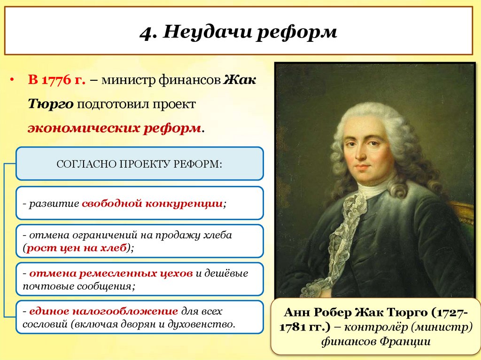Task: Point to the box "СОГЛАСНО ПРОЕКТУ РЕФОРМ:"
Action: (x=140, y=164)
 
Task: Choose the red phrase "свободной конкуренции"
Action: (x=152, y=204)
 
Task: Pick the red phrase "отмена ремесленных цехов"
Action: (x=110, y=273)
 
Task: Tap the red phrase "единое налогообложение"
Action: (x=103, y=311)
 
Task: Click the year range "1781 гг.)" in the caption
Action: (x=300, y=327)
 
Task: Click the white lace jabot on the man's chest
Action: (x=348, y=221)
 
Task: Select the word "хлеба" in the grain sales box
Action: (x=219, y=235)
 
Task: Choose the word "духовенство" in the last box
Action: (x=207, y=324)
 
